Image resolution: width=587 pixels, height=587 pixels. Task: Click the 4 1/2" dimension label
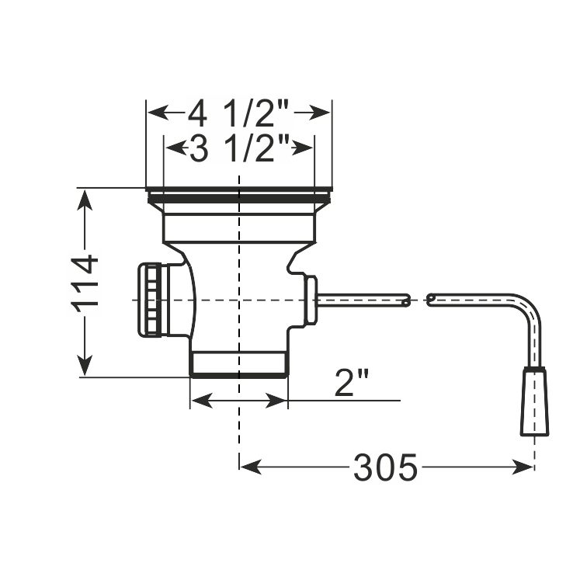[x=239, y=114]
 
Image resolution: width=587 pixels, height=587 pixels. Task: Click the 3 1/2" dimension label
[x=240, y=148]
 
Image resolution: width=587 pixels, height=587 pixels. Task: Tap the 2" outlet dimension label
[x=352, y=382]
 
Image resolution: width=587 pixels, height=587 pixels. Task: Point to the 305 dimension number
[x=385, y=467]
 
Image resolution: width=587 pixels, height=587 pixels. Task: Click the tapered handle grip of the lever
[x=534, y=401]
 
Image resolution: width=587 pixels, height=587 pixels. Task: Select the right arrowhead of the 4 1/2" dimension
[x=319, y=113]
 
